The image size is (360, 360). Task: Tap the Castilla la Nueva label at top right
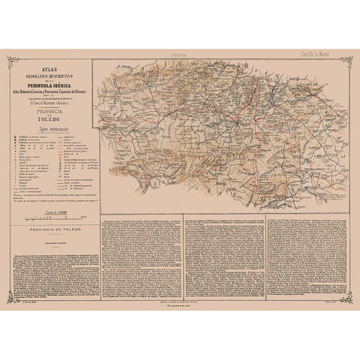(328, 54)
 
